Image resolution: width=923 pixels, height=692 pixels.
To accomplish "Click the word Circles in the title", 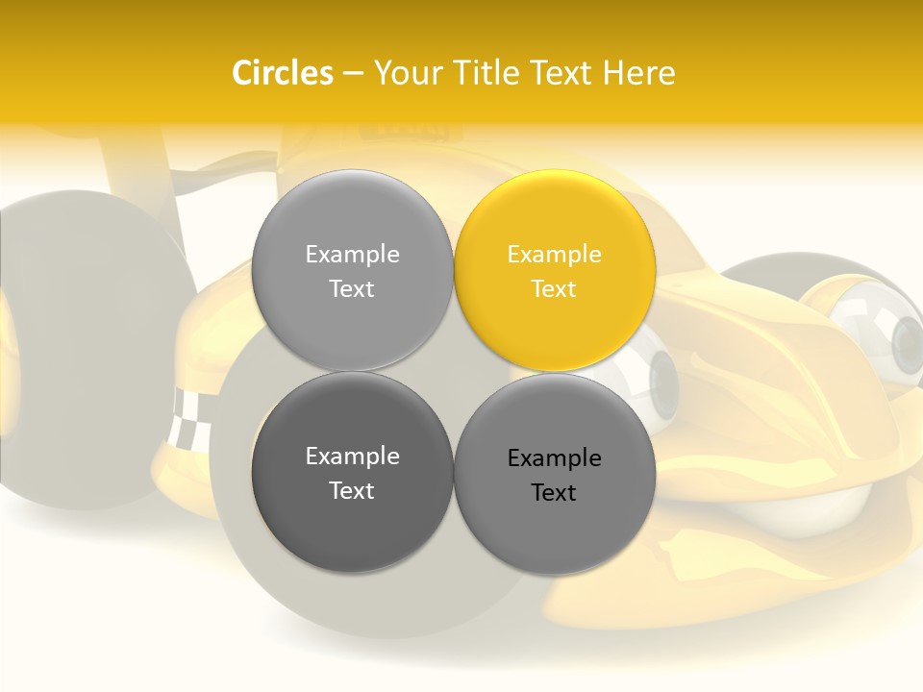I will [282, 72].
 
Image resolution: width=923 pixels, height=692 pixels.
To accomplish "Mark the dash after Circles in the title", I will [353, 73].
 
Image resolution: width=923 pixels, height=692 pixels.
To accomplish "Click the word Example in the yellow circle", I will [555, 254].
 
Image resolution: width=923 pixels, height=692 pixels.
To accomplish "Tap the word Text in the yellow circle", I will [555, 288].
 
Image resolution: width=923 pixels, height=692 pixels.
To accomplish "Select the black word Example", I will [555, 457].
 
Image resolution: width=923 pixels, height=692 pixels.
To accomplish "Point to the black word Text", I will [555, 492].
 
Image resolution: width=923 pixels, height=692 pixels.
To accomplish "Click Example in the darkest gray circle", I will [352, 456].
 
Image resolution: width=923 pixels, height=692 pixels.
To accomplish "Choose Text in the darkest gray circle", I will [352, 490].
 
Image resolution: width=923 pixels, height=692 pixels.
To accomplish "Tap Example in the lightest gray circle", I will [352, 254].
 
